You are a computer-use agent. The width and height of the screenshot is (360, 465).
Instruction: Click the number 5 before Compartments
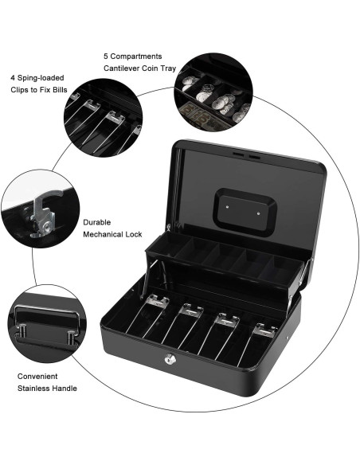(x=106, y=57)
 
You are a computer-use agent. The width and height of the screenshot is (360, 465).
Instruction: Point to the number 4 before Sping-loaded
(x=11, y=78)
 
